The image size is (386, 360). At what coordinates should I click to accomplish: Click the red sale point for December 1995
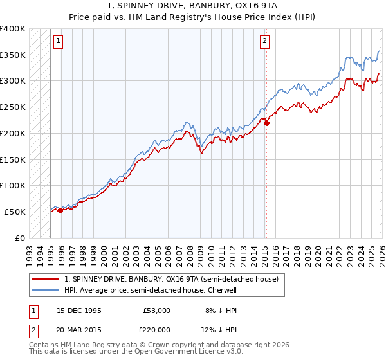60,210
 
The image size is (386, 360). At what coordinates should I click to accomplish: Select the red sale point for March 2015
266,123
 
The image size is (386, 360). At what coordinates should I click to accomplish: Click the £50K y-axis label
15,212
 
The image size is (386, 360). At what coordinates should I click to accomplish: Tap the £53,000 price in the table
157,310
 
